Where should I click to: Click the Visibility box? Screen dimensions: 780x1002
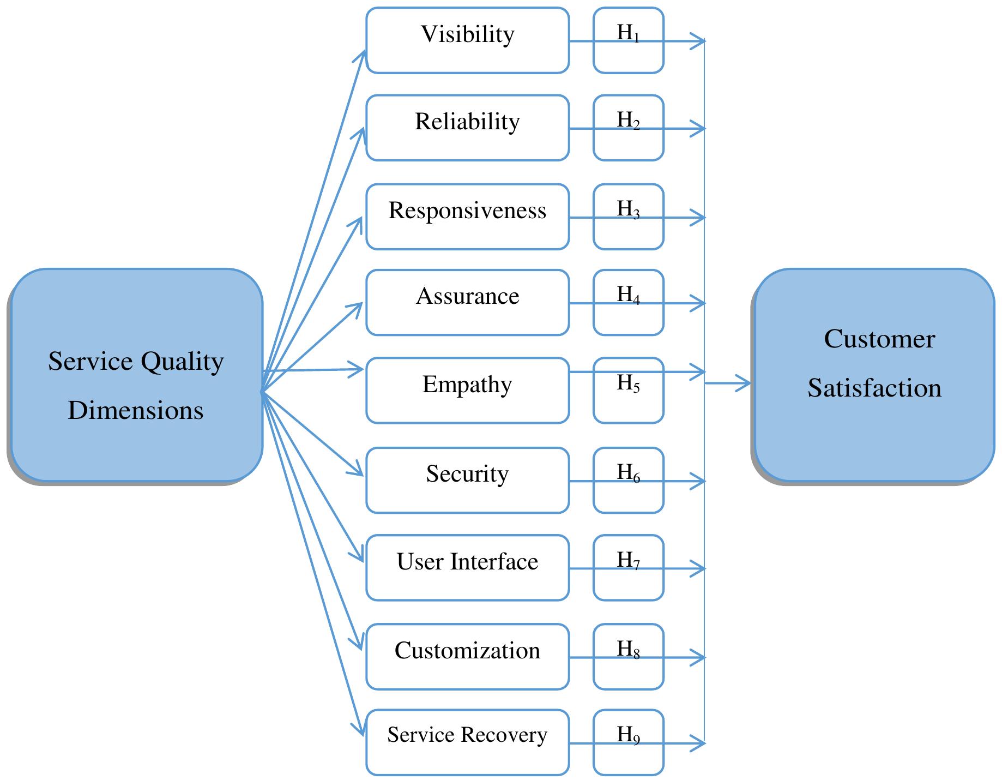(x=467, y=40)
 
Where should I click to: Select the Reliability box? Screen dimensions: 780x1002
(x=467, y=128)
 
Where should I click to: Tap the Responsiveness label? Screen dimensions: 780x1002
(x=467, y=211)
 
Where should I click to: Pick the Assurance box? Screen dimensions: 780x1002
(x=467, y=302)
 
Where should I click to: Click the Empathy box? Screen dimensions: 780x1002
(x=467, y=390)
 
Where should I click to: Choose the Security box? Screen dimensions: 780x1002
(x=467, y=480)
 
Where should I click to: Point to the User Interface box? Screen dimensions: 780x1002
(x=467, y=567)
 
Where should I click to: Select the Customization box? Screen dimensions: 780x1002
(x=467, y=656)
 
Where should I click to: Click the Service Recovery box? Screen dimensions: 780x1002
(x=467, y=742)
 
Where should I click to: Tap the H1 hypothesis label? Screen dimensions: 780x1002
(x=628, y=34)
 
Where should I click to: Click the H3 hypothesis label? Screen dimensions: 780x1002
(x=628, y=209)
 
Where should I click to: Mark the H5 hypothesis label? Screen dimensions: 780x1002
(x=628, y=384)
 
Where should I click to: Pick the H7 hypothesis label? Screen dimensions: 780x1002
(x=628, y=561)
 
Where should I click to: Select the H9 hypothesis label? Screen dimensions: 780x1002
(x=628, y=735)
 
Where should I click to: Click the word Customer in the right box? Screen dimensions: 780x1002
(x=879, y=339)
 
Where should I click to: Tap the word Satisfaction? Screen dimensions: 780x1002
(x=874, y=388)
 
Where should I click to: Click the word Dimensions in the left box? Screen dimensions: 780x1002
(x=135, y=410)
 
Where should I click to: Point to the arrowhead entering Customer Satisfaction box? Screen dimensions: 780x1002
(x=745, y=383)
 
